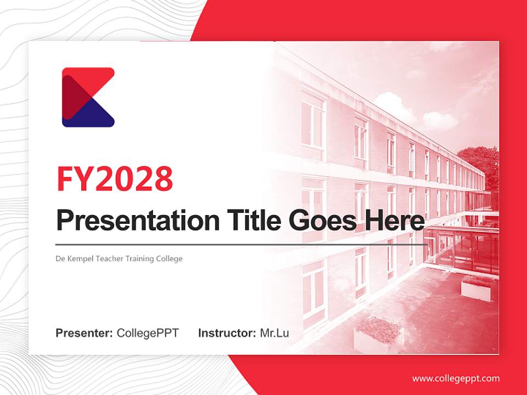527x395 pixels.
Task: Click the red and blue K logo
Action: coord(88,97)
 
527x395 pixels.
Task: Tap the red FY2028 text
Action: coord(115,179)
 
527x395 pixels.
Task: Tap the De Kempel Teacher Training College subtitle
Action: coord(119,258)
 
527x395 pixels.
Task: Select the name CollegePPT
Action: coord(148,333)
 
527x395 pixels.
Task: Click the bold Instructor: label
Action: coord(227,333)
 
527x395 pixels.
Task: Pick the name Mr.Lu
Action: coord(274,333)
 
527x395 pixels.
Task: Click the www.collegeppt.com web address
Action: coord(456,379)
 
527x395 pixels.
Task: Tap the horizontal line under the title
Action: coord(242,245)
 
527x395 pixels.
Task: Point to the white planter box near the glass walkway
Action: coord(476,288)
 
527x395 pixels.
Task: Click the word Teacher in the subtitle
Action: coord(110,258)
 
